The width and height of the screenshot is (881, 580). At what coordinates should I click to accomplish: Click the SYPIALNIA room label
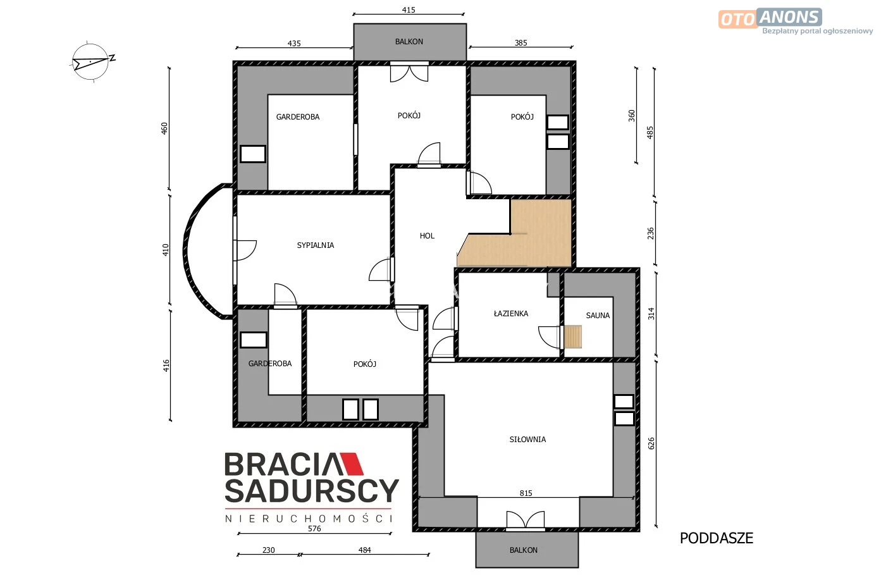click(316, 245)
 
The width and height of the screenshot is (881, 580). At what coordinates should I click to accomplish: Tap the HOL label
click(427, 236)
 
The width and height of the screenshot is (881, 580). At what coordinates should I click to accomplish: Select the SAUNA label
click(598, 316)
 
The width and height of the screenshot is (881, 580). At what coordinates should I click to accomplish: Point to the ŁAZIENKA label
click(511, 313)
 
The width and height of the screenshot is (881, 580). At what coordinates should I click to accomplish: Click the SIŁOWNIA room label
click(528, 439)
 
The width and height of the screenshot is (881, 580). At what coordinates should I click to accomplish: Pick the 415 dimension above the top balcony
click(409, 10)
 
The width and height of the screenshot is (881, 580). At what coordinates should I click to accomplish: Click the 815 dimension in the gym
click(526, 493)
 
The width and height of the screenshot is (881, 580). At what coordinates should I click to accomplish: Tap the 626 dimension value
click(651, 443)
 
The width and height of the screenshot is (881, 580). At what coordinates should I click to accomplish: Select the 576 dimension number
click(314, 529)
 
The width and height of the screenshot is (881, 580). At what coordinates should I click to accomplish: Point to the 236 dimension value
click(651, 233)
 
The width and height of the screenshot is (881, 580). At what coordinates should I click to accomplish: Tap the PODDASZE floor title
click(717, 538)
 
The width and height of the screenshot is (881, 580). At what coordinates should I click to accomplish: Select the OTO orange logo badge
click(738, 19)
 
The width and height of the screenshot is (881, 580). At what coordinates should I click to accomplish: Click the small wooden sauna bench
click(573, 336)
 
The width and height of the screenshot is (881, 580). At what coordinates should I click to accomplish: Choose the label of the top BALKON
click(409, 42)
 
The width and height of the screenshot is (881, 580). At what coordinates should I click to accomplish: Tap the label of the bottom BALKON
click(524, 550)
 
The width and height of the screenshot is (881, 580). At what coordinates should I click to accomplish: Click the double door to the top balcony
click(409, 72)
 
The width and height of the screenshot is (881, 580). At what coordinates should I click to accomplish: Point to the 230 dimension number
click(269, 550)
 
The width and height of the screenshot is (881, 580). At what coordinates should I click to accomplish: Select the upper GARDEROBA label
click(298, 117)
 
